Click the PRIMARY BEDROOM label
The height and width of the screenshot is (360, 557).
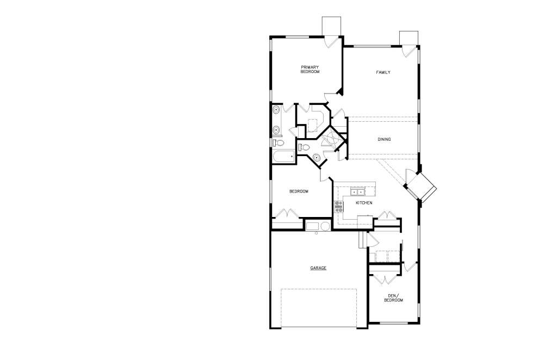tap(310, 69)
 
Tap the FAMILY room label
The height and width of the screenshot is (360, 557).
tap(383, 72)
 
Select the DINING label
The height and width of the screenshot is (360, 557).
tap(384, 140)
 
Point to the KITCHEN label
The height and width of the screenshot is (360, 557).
tap(364, 203)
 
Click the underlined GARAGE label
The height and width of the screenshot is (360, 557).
tap(318, 268)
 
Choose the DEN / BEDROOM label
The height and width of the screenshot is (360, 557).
tap(394, 298)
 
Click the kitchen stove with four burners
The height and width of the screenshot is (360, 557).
tap(339, 207)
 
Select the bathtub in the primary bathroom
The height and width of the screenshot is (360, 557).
tap(283, 156)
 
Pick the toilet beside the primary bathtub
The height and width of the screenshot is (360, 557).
tap(279, 143)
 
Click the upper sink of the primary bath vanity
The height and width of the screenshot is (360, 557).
tap(276, 110)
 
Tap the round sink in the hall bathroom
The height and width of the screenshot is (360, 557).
tap(317, 157)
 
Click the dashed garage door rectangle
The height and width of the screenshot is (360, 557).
tap(319, 307)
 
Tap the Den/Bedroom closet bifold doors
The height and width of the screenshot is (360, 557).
tap(385, 278)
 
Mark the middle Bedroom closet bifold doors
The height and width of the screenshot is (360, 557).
tap(287, 213)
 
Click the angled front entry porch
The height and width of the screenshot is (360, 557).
tap(422, 187)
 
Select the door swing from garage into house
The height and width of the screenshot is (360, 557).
tap(373, 240)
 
